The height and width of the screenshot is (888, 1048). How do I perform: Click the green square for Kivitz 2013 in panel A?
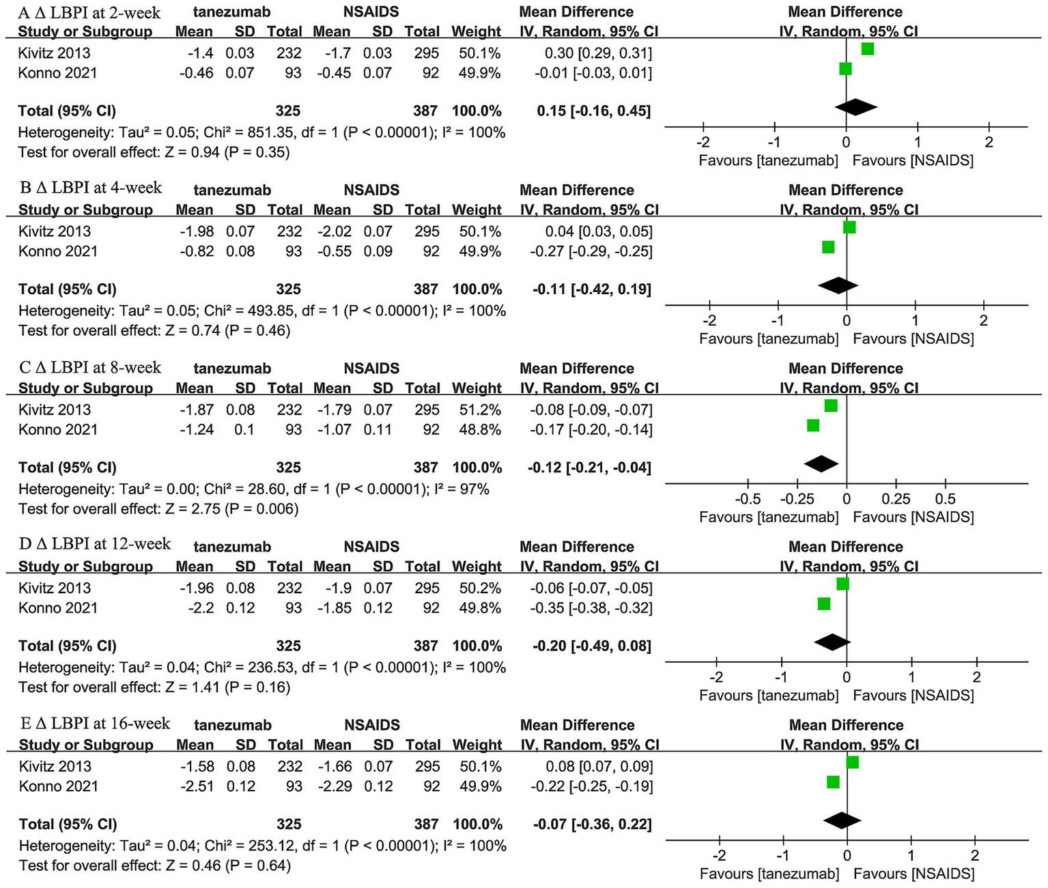867,49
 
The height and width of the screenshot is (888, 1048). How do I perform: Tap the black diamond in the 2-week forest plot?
855,106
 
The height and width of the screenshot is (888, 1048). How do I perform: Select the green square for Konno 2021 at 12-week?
824,603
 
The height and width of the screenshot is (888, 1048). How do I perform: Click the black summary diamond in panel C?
821,463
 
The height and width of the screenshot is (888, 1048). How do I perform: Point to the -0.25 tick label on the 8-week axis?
797,499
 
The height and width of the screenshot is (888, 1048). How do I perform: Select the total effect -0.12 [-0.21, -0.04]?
589,468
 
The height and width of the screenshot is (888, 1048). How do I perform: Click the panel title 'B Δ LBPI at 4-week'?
90,188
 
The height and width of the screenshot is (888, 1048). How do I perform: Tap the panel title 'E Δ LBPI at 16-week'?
94,723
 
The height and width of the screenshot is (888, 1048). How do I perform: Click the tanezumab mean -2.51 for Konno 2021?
197,786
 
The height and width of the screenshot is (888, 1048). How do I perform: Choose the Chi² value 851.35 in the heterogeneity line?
270,132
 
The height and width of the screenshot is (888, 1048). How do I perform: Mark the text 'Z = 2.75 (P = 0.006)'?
232,509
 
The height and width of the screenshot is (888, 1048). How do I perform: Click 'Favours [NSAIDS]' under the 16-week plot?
914,874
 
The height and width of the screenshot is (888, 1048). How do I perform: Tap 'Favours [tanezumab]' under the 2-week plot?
768,160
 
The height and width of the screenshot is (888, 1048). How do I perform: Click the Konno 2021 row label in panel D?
58,608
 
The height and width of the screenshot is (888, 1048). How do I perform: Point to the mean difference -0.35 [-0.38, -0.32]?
591,608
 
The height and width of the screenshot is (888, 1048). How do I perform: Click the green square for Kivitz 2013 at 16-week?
852,762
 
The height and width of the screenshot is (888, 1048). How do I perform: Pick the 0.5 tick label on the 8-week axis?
946,499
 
